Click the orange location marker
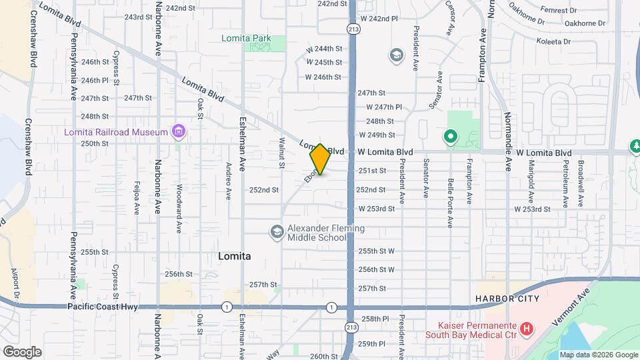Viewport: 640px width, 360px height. pos(320,159)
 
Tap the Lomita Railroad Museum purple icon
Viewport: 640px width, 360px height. pos(178,131)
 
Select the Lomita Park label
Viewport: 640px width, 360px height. pos(246,39)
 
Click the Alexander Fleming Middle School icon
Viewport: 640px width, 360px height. pos(277,232)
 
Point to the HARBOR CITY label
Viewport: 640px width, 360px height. pos(507,299)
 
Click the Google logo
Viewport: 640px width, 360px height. pos(22,351)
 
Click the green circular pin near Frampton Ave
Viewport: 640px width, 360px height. pos(450,137)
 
